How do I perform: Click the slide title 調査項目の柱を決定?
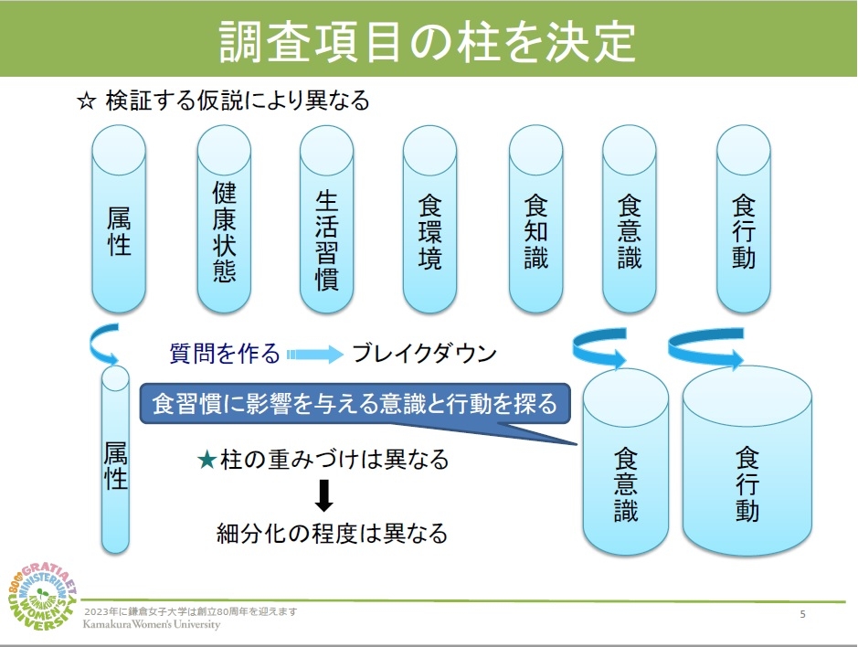tap(428, 39)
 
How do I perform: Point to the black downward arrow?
tap(323, 495)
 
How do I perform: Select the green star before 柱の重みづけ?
tap(207, 460)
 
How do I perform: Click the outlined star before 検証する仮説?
tap(87, 101)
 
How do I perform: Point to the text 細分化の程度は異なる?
tap(332, 533)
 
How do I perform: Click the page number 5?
tap(802, 614)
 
